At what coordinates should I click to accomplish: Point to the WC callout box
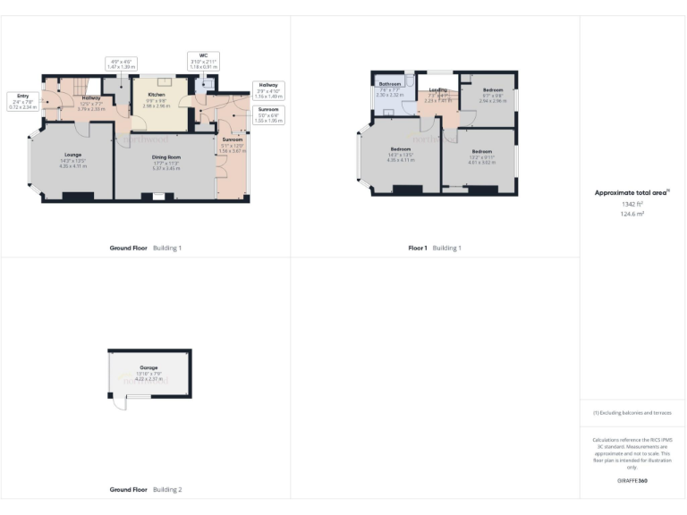pos(203,60)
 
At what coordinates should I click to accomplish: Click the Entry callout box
pos(22,100)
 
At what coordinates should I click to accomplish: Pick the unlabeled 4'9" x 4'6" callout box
pos(120,64)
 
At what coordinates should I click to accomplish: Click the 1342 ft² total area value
pos(632,205)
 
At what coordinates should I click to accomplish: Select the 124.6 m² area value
pos(632,215)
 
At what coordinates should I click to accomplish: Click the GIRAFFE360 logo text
pos(632,481)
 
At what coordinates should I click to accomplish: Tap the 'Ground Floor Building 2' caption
pos(145,490)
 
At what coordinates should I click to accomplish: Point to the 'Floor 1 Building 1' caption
pos(435,248)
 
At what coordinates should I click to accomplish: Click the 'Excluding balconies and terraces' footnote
pos(632,412)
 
